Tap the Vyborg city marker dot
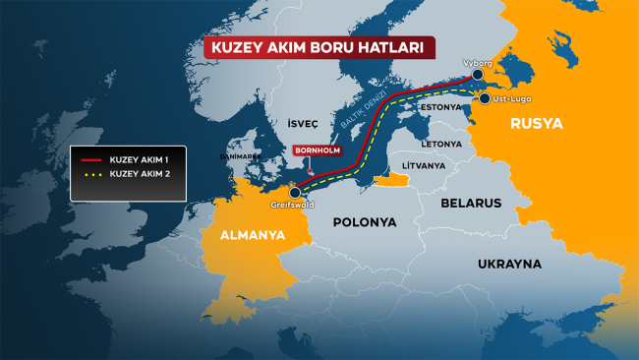(x=477, y=75)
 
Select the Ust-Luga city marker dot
(x=484, y=98)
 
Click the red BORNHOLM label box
(x=316, y=151)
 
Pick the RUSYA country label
(x=537, y=124)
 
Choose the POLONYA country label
(x=364, y=222)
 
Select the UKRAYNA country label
(x=509, y=265)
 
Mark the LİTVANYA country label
(x=417, y=166)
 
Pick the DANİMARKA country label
(x=240, y=155)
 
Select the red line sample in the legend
(x=91, y=159)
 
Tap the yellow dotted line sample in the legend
(x=91, y=173)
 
